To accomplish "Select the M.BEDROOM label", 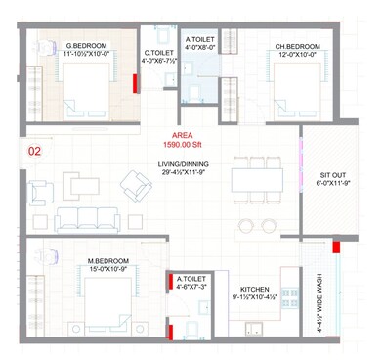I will (108, 260).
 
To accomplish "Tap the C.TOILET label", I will (158, 53).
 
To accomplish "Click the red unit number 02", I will (35, 152).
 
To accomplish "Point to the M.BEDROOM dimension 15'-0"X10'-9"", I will (108, 269).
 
